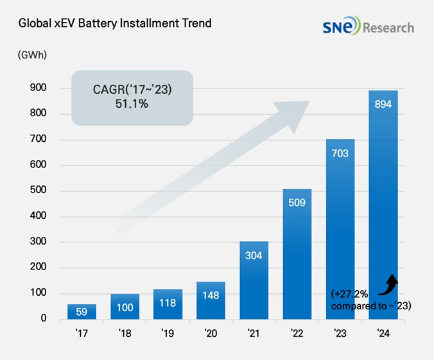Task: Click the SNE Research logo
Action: [x=369, y=27]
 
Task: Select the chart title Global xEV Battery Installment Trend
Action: [x=107, y=24]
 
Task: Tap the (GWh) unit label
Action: [x=28, y=56]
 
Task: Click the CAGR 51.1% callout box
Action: [x=132, y=97]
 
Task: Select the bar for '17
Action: [x=82, y=312]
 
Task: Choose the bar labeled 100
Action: [x=125, y=307]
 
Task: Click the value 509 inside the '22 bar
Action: [x=297, y=204]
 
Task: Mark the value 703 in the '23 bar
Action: [x=340, y=154]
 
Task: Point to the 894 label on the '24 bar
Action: [x=383, y=105]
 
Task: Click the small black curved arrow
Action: [x=389, y=282]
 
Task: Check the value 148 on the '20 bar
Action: [x=211, y=296]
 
